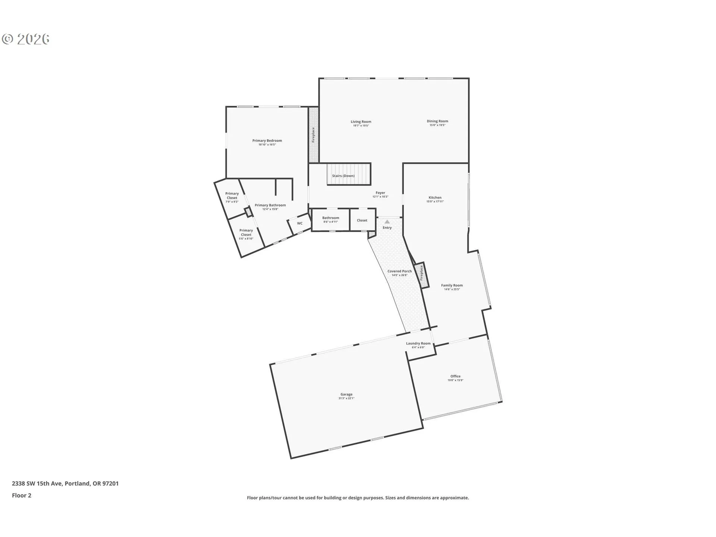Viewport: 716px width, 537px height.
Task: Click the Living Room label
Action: click(361, 122)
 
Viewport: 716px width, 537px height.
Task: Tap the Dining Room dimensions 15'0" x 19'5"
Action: click(437, 125)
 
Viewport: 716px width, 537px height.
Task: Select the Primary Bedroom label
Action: click(267, 141)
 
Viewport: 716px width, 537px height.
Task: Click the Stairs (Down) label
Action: click(343, 176)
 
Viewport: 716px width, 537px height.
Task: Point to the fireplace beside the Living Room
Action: click(313, 135)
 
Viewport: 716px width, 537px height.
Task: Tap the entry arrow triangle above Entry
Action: click(387, 222)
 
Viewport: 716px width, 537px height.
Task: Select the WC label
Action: click(300, 223)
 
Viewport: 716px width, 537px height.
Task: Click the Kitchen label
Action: click(435, 197)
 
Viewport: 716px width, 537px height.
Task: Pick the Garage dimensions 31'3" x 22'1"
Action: click(346, 398)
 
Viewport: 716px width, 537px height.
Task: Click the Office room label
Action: click(455, 376)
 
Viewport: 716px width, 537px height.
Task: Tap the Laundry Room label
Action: click(418, 343)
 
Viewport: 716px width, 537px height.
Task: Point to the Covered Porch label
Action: click(399, 271)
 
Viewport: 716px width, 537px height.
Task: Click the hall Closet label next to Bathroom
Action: click(362, 220)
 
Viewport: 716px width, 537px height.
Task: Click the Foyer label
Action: click(380, 193)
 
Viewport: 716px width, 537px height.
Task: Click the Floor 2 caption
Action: click(22, 495)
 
